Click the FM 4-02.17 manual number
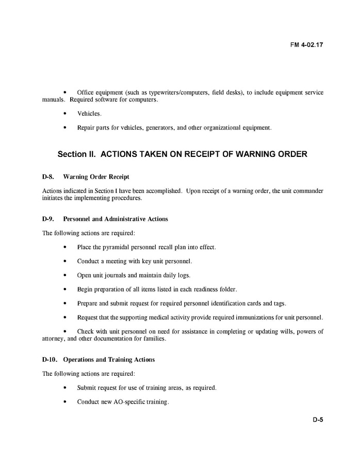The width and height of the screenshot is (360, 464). pyautogui.click(x=307, y=44)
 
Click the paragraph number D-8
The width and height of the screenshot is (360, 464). pyautogui.click(x=48, y=177)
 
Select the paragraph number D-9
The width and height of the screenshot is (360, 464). pyautogui.click(x=48, y=219)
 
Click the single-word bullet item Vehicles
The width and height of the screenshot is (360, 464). pyautogui.click(x=89, y=114)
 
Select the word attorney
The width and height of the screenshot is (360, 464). pyautogui.click(x=53, y=339)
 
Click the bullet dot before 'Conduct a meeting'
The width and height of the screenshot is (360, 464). pyautogui.click(x=64, y=261)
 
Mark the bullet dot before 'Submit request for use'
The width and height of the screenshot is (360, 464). pyautogui.click(x=64, y=388)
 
